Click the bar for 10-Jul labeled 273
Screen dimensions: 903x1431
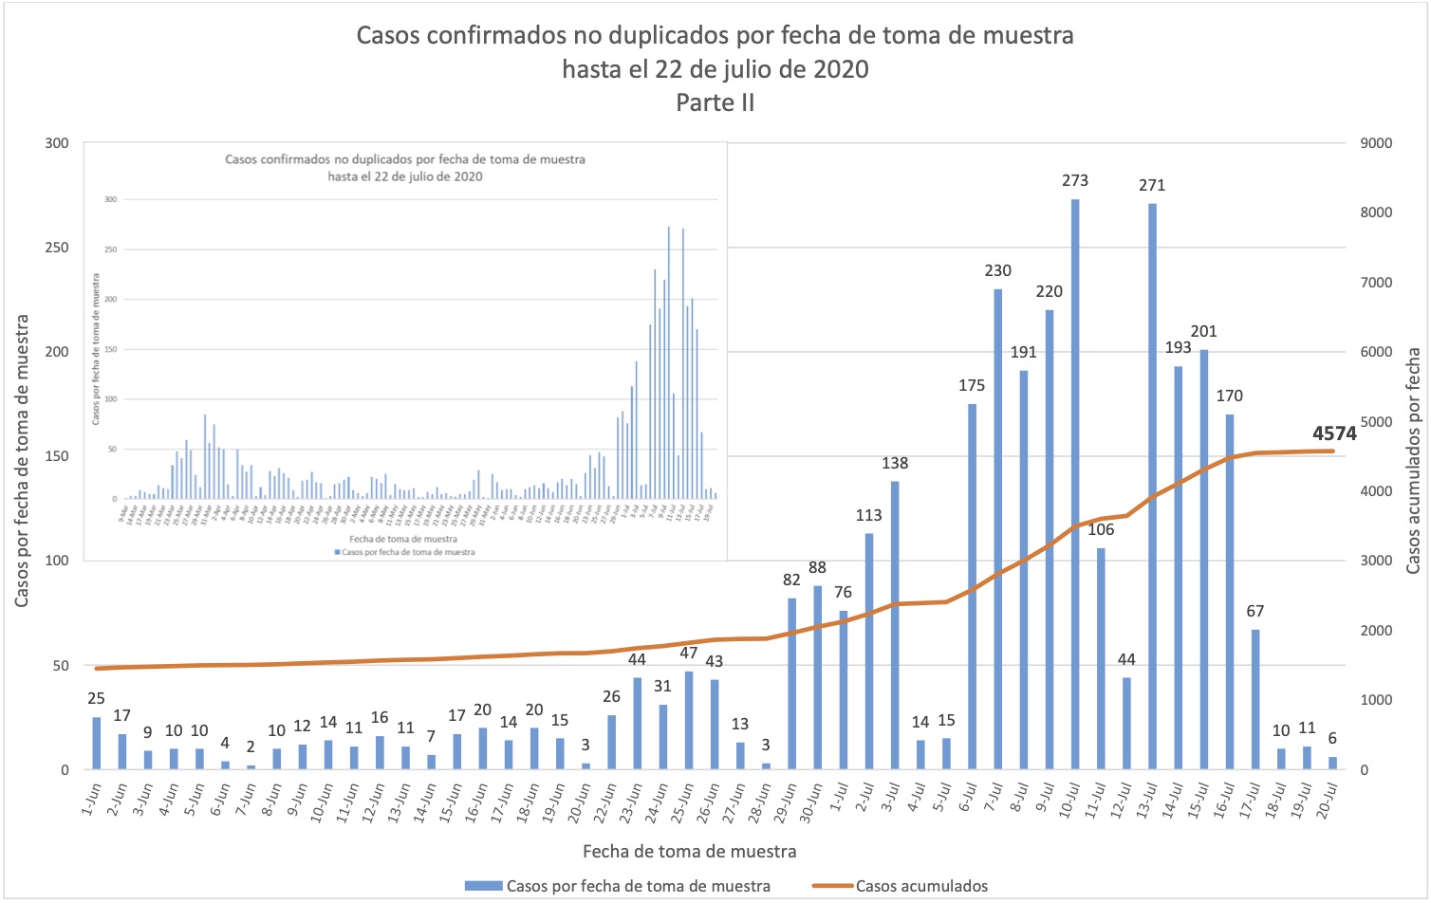[x=1075, y=484]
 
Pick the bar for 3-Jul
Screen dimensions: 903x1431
[x=895, y=625]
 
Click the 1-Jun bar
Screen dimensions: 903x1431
[x=96, y=744]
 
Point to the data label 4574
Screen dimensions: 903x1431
[x=1334, y=433]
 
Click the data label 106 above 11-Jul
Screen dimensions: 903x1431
[x=1101, y=529]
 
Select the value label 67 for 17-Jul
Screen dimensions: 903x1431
[x=1255, y=611]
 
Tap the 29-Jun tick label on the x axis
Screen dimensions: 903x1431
[x=785, y=802]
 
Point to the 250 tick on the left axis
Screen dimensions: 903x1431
[x=58, y=248]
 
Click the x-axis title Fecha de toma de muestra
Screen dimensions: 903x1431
[x=689, y=851]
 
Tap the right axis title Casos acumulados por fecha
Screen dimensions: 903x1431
[x=1414, y=460]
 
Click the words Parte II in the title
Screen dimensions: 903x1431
[x=715, y=102]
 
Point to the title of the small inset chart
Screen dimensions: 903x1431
[x=405, y=167]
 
